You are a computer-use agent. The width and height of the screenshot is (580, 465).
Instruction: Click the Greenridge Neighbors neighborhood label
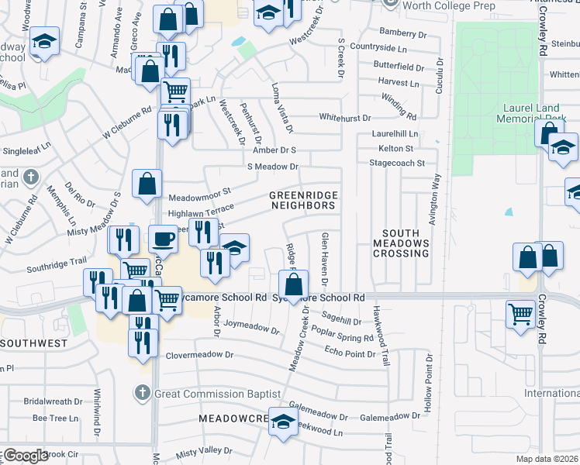303,200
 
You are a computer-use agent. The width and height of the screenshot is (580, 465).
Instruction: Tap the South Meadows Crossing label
401,243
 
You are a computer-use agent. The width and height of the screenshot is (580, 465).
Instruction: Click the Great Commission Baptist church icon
141,394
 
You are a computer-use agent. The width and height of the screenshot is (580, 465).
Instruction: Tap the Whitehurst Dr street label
345,118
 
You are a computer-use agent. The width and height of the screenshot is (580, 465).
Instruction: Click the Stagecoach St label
397,164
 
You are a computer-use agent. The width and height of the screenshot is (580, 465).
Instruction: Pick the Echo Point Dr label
350,353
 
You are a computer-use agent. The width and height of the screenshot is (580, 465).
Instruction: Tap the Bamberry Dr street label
403,33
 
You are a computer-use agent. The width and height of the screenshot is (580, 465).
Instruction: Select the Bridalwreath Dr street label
53,401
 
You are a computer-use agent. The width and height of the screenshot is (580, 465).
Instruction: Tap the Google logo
25,456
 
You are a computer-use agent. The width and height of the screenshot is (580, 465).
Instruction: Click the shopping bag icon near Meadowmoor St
147,184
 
